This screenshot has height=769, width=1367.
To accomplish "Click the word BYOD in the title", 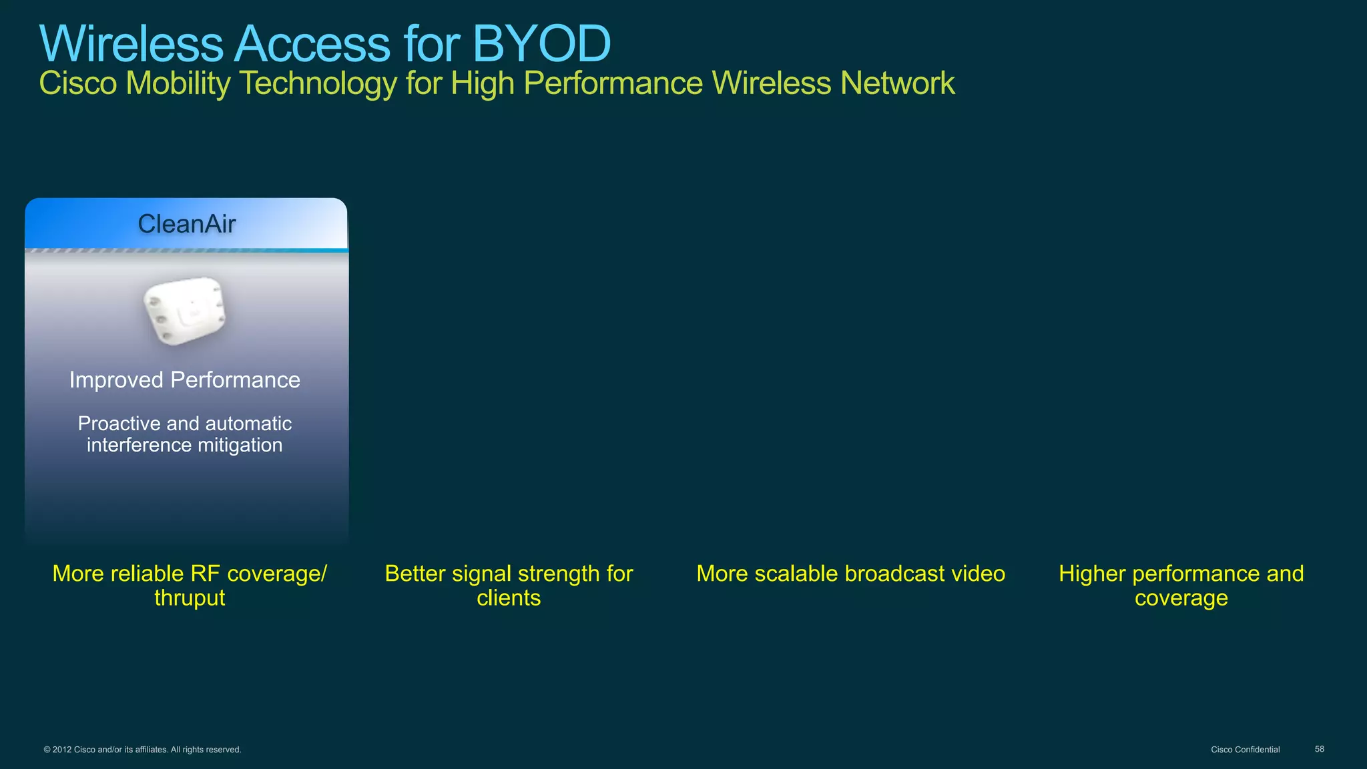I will pyautogui.click(x=541, y=44).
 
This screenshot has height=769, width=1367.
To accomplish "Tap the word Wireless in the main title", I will pyautogui.click(x=131, y=44).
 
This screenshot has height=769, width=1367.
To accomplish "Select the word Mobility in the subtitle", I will pyautogui.click(x=178, y=84).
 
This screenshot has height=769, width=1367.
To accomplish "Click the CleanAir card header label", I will pyautogui.click(x=186, y=224).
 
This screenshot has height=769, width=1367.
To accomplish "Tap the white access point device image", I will pyautogui.click(x=185, y=311).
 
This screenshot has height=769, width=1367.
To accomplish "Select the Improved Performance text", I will pyautogui.click(x=184, y=379).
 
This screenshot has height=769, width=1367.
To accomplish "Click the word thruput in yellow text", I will pyautogui.click(x=190, y=598).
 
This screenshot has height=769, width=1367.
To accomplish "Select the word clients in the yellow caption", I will pyautogui.click(x=509, y=598).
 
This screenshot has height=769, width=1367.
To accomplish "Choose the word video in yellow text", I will pyautogui.click(x=978, y=574).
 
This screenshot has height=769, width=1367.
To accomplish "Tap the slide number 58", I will pyautogui.click(x=1319, y=749).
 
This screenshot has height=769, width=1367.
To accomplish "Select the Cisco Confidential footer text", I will pyautogui.click(x=1245, y=750).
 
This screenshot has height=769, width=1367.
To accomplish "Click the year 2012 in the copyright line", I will pyautogui.click(x=62, y=750).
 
